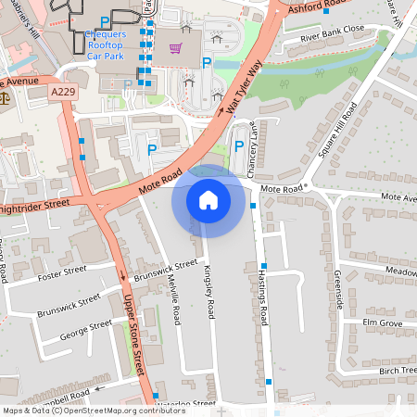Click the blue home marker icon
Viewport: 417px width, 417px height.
pyautogui.click(x=208, y=199)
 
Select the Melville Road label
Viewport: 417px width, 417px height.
pyautogui.click(x=175, y=300)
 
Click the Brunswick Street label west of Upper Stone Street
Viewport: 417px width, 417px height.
pyautogui.click(x=69, y=306)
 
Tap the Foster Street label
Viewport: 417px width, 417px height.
pyautogui.click(x=62, y=273)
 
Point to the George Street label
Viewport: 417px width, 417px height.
pyautogui.click(x=85, y=331)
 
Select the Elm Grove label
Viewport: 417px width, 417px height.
pyautogui.click(x=383, y=322)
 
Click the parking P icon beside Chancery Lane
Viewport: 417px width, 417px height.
pyautogui.click(x=239, y=146)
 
